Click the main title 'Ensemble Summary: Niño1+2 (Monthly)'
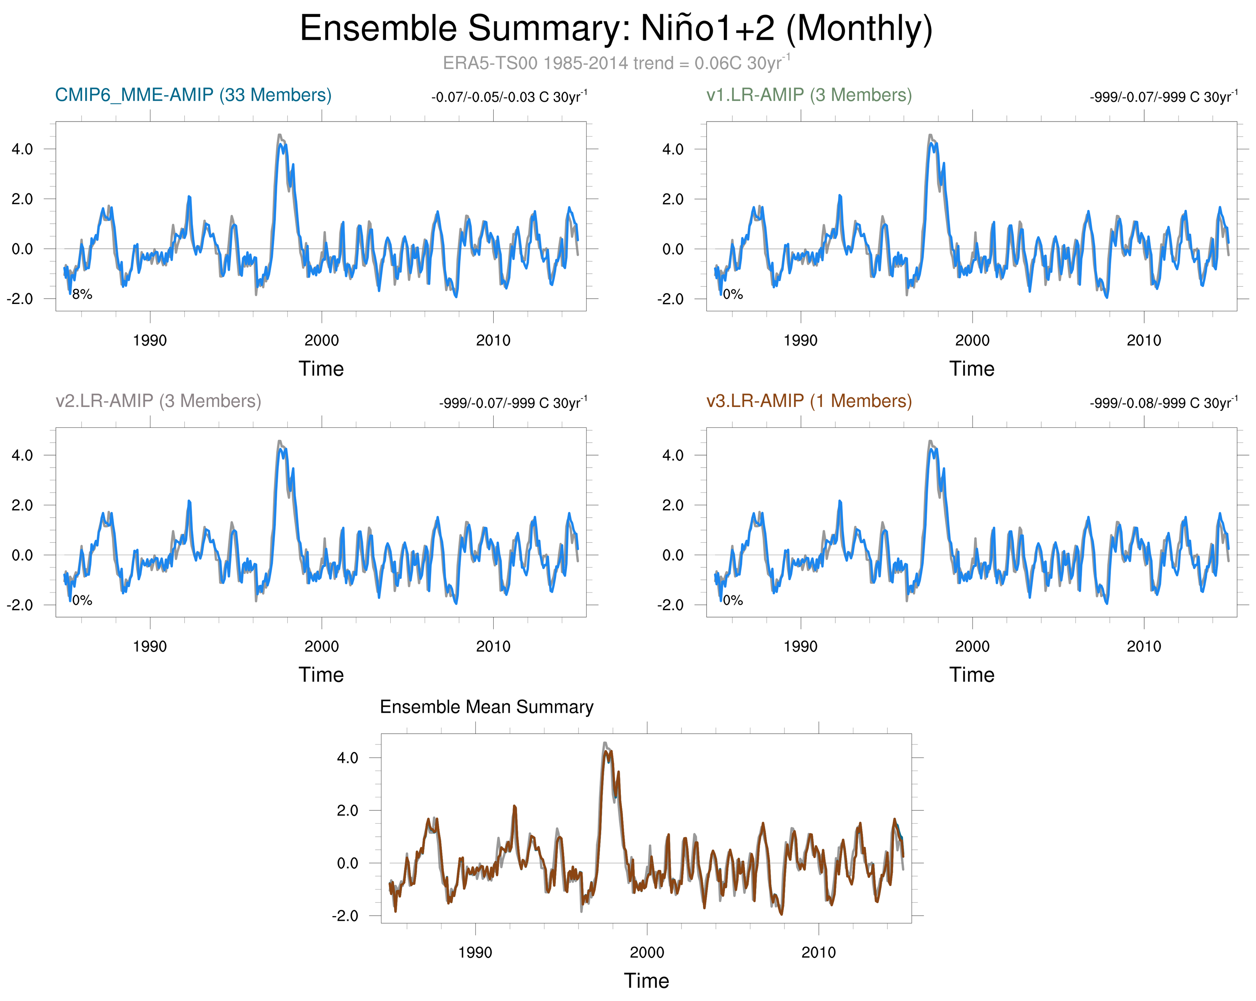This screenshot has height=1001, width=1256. (616, 28)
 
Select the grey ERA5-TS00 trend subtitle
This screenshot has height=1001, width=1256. (616, 62)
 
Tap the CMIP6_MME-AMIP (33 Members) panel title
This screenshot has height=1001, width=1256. (193, 95)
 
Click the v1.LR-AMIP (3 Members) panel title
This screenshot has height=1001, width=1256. (809, 95)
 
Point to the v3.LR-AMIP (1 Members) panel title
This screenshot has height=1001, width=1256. (809, 401)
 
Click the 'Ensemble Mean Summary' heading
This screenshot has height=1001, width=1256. (486, 707)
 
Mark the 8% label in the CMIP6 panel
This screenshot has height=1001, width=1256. (82, 295)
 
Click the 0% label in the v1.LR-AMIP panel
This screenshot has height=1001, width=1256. (733, 295)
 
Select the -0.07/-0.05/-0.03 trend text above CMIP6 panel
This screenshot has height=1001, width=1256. (509, 97)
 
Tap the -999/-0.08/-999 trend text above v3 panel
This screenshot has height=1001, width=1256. (1163, 403)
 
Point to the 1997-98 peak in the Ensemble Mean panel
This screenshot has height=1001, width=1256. (605, 744)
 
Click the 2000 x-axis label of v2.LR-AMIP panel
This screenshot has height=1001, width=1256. (322, 646)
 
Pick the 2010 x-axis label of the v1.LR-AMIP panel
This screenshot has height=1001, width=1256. (1143, 340)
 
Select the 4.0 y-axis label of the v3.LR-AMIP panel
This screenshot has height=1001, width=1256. (673, 455)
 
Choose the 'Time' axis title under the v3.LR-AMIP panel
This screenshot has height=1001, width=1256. (972, 675)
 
